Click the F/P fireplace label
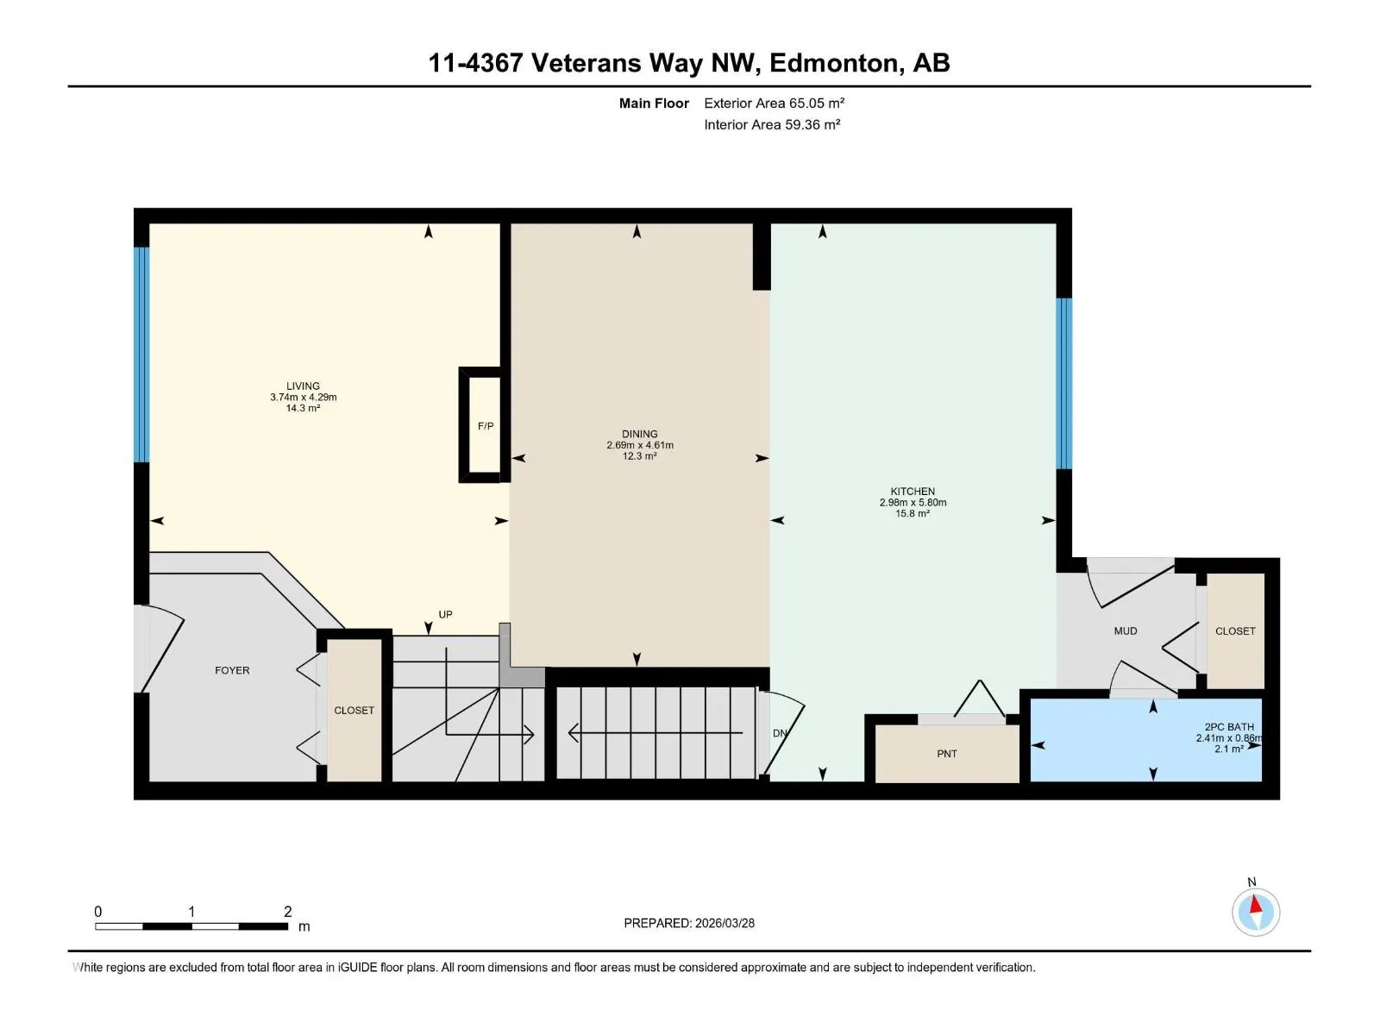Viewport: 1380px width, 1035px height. click(x=486, y=426)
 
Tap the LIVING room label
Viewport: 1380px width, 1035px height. click(x=303, y=386)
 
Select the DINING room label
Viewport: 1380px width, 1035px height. click(x=639, y=434)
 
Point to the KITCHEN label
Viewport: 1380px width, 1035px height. click(x=913, y=492)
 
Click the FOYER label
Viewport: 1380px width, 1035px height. click(x=232, y=670)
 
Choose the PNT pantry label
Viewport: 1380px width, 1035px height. click(x=947, y=754)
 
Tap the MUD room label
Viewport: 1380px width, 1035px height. click(x=1126, y=631)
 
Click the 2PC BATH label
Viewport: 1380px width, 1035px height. click(x=1228, y=727)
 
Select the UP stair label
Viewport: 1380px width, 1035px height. click(x=445, y=615)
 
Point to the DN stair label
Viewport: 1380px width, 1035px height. click(x=780, y=733)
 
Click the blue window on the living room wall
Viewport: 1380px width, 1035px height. click(x=142, y=355)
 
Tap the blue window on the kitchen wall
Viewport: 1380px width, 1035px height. click(x=1063, y=384)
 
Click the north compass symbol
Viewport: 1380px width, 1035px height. click(x=1256, y=912)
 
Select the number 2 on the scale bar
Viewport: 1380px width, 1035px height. click(x=288, y=911)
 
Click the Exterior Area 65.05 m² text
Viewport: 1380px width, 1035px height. click(x=774, y=103)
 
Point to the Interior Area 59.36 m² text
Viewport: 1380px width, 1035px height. click(x=772, y=124)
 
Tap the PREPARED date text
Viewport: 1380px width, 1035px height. click(x=689, y=923)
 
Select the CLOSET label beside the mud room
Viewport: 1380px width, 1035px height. click(x=1235, y=631)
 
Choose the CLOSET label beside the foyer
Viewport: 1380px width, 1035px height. click(x=354, y=711)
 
